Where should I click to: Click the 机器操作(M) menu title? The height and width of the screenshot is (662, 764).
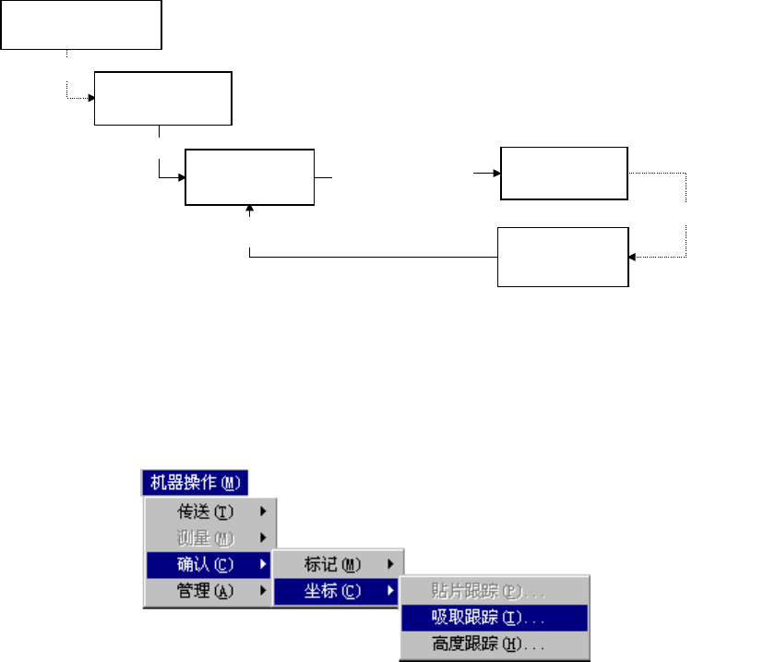195,483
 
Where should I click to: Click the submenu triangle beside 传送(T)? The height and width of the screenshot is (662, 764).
264,511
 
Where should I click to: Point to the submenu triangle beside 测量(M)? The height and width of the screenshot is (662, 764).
264,536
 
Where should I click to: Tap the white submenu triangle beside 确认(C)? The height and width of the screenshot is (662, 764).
264,563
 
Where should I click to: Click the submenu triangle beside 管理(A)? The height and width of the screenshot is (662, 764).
264,589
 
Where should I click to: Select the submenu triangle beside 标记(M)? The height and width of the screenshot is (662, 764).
391,563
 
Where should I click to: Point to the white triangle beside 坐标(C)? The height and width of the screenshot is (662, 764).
391,589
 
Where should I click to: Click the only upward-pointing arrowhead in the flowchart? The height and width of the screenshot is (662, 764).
250,211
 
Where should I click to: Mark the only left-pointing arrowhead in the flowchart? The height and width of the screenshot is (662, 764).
632,258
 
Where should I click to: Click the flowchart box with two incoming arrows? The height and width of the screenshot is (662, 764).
249,176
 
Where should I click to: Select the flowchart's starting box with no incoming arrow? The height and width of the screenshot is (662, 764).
81,24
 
